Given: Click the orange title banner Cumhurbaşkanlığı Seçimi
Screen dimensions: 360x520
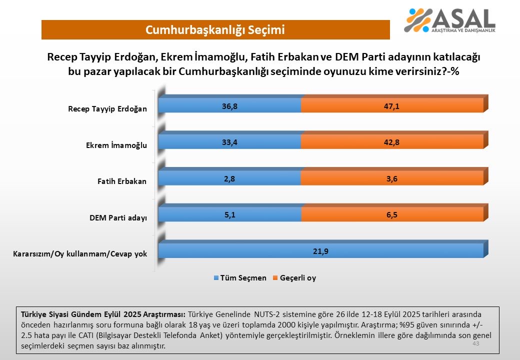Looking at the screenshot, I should point(215,30).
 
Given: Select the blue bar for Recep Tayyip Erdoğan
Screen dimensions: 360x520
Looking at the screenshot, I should point(229,105).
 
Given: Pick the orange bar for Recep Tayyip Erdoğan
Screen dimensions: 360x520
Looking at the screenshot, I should point(392,105).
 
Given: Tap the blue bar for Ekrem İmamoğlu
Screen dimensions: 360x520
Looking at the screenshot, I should point(229,142).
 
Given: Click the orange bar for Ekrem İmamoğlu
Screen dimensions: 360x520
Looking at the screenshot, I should point(392,142).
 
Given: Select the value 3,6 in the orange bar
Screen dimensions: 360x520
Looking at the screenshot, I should point(392,178).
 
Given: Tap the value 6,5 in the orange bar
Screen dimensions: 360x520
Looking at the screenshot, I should point(392,214).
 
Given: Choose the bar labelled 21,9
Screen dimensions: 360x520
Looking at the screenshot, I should point(320,250).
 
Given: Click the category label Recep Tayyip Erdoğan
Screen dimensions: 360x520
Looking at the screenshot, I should point(107,109).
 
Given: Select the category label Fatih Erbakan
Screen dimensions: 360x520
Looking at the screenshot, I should point(121,181).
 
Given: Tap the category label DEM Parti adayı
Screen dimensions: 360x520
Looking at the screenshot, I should point(118,217).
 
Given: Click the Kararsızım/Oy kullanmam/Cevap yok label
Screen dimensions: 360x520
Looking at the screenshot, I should point(80,254).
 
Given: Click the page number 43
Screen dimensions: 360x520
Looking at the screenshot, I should point(475,344).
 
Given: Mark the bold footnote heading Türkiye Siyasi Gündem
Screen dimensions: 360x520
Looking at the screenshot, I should point(102,314).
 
